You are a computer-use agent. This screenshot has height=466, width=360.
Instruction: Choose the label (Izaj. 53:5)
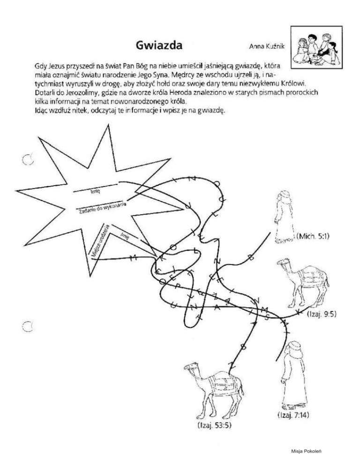pos(212,425)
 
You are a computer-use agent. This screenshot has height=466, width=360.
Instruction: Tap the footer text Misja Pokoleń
pos(306,451)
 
